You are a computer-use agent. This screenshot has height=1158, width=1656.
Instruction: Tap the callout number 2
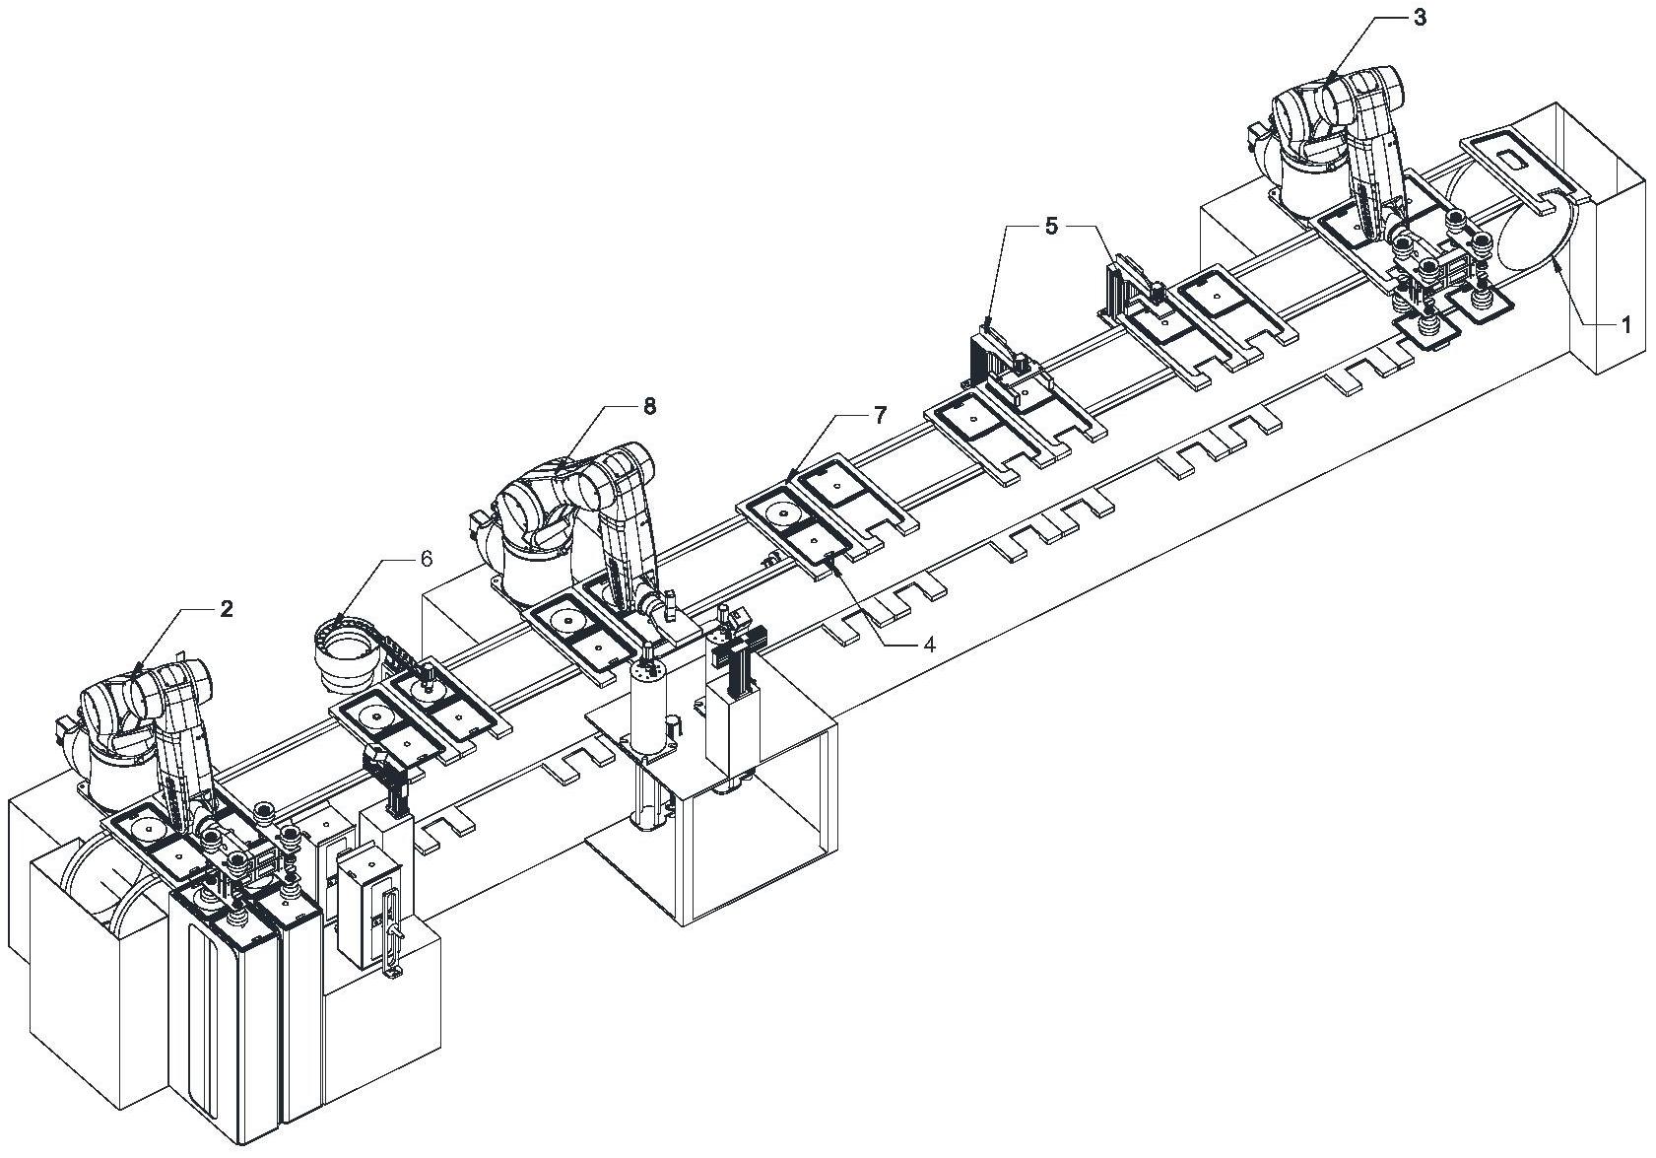coord(227,609)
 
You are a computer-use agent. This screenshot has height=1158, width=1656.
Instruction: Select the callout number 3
coord(1420,19)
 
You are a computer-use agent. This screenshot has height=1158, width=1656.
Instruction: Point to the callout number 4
coord(929,645)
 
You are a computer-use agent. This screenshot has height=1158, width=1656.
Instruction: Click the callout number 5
coord(1051,227)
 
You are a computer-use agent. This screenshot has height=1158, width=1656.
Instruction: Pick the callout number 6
coord(426,559)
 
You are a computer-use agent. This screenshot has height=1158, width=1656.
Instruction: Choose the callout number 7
coord(879,416)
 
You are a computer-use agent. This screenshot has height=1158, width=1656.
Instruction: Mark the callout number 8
coord(649,406)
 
